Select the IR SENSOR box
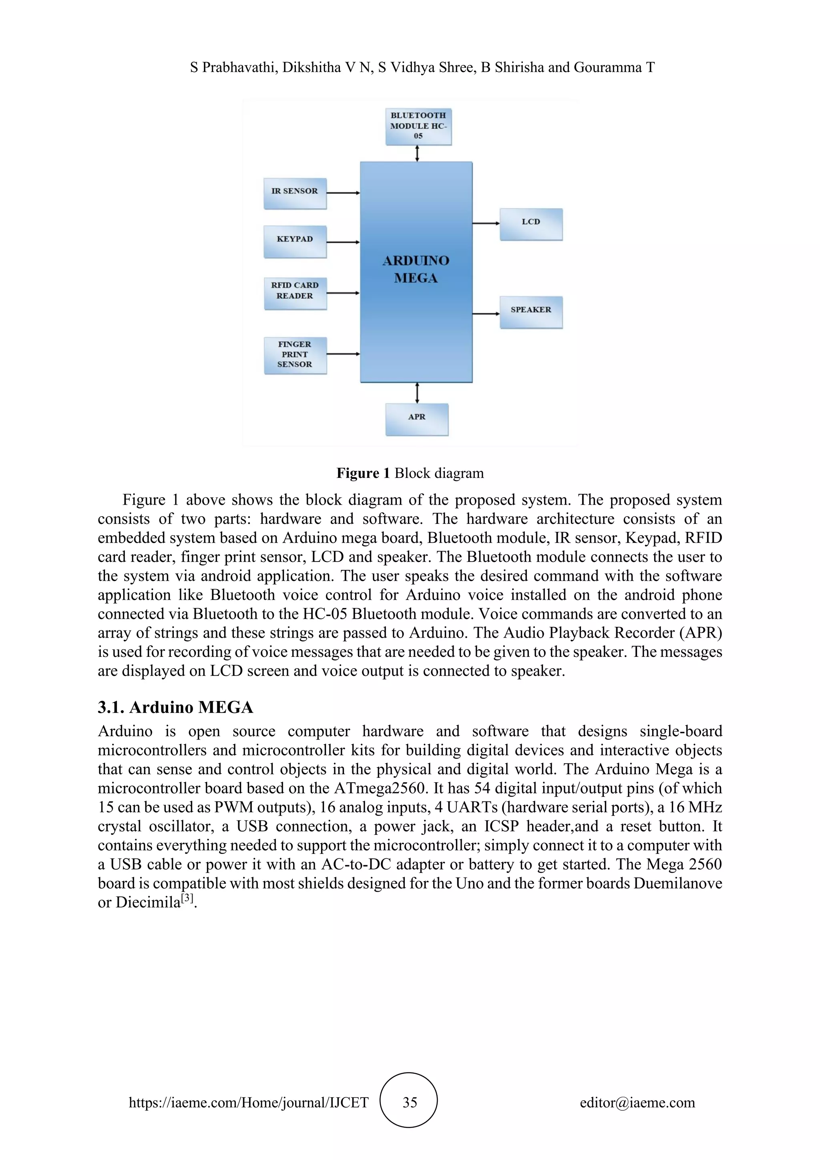pos(295,193)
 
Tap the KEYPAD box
pos(295,241)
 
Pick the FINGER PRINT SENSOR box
pos(295,355)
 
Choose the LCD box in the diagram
pos(531,224)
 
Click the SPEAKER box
pos(531,312)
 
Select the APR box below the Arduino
pos(416,419)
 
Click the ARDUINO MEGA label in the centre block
pos(416,269)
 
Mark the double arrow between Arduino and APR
pos(417,393)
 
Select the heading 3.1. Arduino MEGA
pos(175,707)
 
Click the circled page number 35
pos(409,1102)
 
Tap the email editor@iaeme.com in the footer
pos(637,1102)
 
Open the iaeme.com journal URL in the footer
pos(248,1102)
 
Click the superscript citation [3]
pos(187,898)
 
